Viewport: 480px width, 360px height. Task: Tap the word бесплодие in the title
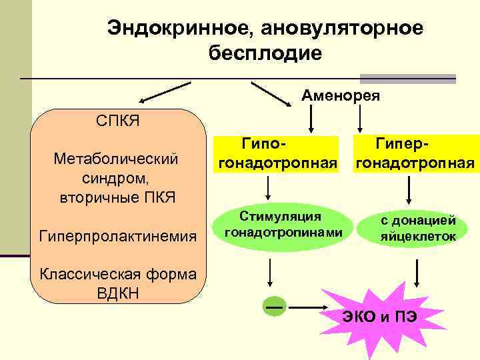(x=265, y=53)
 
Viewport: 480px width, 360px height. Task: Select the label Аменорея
(x=341, y=96)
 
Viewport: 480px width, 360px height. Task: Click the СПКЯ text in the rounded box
(x=117, y=121)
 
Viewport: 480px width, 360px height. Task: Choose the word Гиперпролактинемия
(x=117, y=235)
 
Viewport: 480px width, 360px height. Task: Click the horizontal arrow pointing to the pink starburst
(x=311, y=307)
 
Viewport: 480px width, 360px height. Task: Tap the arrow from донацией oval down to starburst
(x=417, y=270)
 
